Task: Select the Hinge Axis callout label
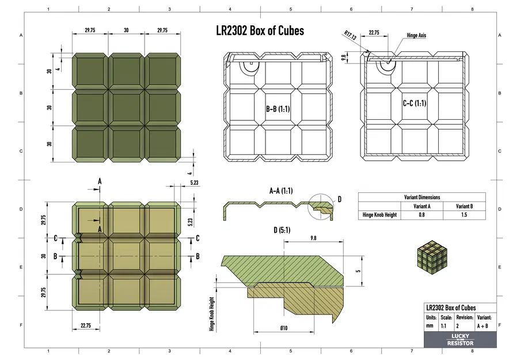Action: click(416, 36)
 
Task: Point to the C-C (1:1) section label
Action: click(414, 104)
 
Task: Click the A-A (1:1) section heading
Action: click(281, 191)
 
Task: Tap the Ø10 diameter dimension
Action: click(284, 328)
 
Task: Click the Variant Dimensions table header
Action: click(421, 197)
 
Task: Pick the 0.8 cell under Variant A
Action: click(422, 215)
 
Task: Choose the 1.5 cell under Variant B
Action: click(464, 215)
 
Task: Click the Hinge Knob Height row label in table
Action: click(379, 215)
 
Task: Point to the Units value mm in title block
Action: click(430, 325)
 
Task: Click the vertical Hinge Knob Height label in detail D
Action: click(212, 314)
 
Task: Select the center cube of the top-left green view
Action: click(126, 108)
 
